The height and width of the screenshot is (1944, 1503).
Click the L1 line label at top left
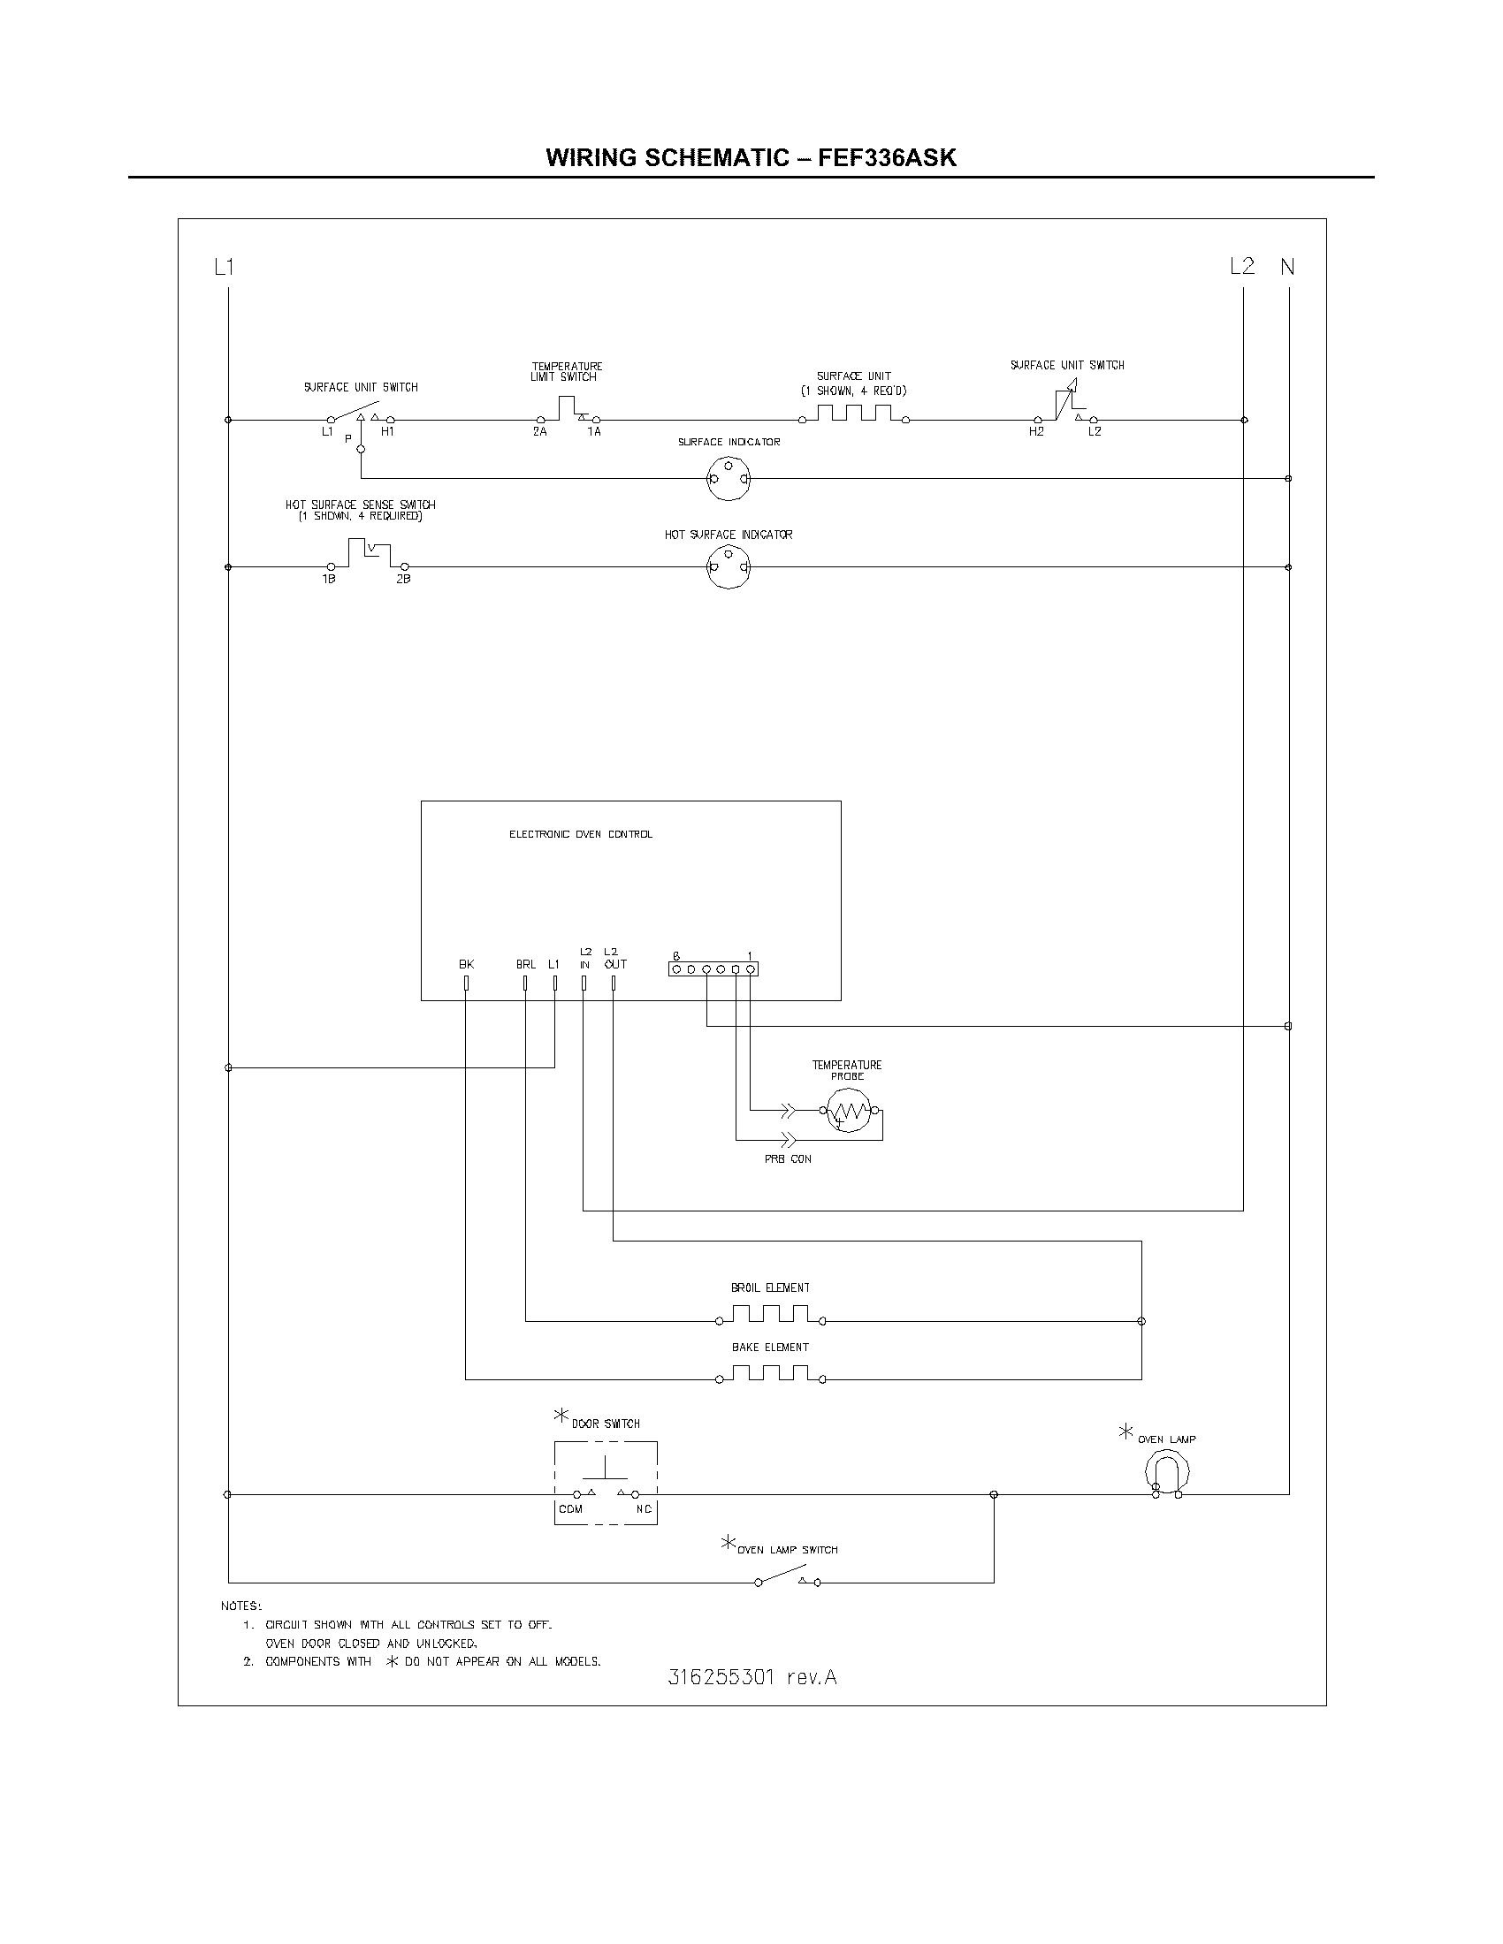click(224, 266)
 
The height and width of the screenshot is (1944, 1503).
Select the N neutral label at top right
click(1287, 266)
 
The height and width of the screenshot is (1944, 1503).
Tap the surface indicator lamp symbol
click(729, 479)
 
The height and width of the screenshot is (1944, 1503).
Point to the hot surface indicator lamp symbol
click(729, 567)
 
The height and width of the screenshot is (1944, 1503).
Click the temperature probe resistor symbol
click(848, 1111)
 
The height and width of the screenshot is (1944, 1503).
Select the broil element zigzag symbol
click(770, 1315)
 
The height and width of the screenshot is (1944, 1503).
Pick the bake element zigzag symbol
click(770, 1373)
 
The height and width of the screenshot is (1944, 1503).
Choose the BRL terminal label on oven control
click(525, 965)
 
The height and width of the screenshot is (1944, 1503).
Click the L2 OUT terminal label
click(614, 959)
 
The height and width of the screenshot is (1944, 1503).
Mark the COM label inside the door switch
click(571, 1509)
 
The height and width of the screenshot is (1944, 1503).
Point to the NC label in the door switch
click(644, 1509)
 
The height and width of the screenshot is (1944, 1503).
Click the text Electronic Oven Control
click(581, 835)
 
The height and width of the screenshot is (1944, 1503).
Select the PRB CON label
click(788, 1160)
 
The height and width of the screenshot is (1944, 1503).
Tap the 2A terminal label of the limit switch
click(539, 432)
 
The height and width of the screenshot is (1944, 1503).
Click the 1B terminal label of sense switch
click(329, 580)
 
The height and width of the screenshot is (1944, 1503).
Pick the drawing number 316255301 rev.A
click(752, 1678)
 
